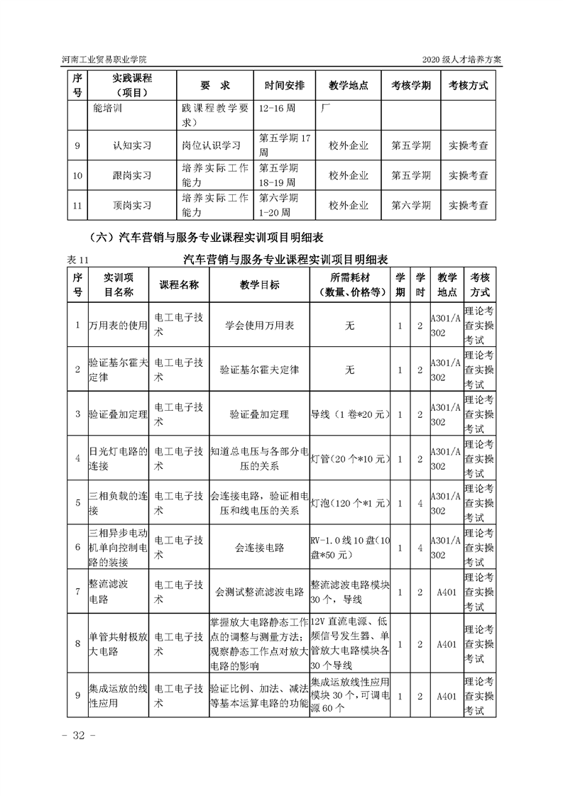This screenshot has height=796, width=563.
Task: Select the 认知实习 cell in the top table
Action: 132,145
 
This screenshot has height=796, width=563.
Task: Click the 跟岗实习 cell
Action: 132,175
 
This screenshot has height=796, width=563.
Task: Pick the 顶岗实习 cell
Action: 132,206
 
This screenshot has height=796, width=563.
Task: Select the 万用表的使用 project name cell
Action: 118,326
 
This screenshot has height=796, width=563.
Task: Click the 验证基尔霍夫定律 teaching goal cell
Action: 259,370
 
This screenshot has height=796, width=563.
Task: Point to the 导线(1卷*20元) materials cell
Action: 351,414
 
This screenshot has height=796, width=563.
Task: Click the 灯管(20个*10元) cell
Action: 351,458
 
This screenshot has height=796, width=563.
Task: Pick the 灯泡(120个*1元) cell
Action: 351,502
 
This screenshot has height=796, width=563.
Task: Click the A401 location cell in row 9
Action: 446,696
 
